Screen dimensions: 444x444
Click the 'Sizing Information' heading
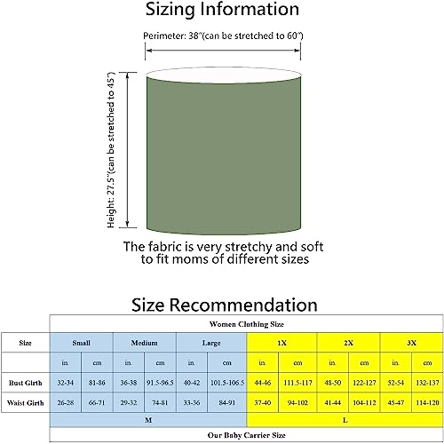pos(222,9)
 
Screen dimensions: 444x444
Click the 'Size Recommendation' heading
pos(225,305)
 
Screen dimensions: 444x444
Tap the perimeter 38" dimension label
pos(223,36)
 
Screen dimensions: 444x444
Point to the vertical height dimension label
pos(111,150)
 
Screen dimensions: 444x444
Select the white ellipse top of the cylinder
pos(224,75)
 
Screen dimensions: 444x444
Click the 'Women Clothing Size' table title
pos(247,324)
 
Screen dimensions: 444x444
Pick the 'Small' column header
pos(81,343)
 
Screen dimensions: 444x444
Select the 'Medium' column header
pos(145,343)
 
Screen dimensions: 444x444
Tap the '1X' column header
pos(281,343)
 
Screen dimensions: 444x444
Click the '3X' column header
pos(411,343)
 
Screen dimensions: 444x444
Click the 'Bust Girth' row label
pos(26,383)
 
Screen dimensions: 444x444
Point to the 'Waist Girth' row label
pos(26,402)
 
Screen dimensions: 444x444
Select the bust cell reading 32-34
pos(66,383)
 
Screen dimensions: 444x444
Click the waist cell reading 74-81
pos(160,402)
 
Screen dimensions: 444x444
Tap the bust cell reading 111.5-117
pos(297,383)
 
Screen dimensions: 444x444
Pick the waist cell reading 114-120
pos(427,402)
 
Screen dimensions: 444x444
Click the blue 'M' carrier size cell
pos(148,420)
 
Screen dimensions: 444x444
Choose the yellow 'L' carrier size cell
pos(345,420)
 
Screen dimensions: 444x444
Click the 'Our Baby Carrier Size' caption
pos(247,435)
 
